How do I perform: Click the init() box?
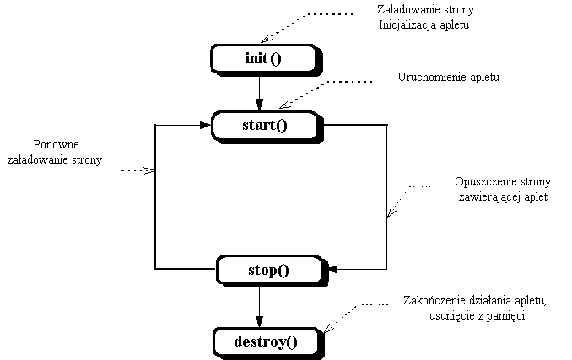pos(262,58)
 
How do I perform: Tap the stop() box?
pos(268,270)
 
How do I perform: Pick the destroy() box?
pos(267,341)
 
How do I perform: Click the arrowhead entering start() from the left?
pos(205,126)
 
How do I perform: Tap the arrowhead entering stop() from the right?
pos(331,270)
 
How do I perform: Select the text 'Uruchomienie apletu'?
pos(449,78)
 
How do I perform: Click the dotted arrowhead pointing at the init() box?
pos(264,38)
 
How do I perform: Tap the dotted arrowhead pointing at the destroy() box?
pos(326,328)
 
